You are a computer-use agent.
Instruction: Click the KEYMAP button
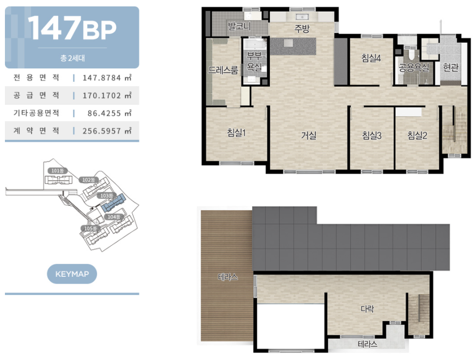tap(72, 274)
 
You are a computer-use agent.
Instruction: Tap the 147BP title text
tap(72, 28)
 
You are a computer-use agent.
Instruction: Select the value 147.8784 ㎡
tap(107, 78)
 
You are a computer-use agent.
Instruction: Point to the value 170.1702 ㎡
tap(107, 96)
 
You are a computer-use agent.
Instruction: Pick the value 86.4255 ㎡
tap(109, 113)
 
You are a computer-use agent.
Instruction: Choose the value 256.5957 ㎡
tap(107, 131)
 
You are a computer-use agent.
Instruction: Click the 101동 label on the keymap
tap(58, 171)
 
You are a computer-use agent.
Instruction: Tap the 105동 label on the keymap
tap(90, 228)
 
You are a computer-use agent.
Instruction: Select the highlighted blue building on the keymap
tap(113, 203)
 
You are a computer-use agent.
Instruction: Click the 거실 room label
tap(309, 135)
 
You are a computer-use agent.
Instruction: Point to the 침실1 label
tap(236, 132)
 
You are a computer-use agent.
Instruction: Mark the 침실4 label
tap(371, 58)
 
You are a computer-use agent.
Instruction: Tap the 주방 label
tap(302, 29)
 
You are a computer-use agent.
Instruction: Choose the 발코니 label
tap(239, 26)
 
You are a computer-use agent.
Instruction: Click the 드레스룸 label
tap(223, 70)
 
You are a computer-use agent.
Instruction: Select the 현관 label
tap(450, 67)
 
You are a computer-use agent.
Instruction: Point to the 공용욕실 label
tap(414, 67)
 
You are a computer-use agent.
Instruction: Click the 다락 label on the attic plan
tap(367, 309)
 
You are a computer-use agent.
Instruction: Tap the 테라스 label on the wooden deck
tap(228, 277)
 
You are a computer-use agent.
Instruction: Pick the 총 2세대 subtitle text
tap(72, 58)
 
